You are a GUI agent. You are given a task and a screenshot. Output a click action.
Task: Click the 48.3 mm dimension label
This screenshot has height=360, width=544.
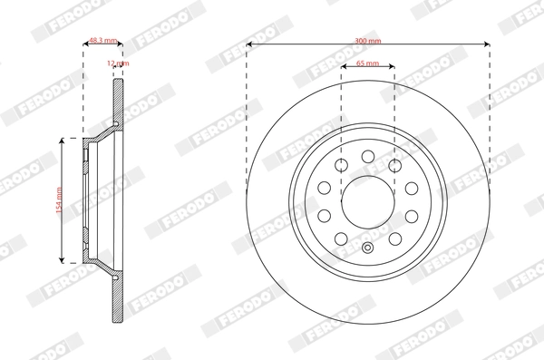tap(101, 41)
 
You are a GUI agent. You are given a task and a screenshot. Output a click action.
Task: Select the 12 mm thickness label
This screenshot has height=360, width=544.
tap(118, 63)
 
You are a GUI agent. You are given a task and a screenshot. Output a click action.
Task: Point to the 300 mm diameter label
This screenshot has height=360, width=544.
tap(368, 41)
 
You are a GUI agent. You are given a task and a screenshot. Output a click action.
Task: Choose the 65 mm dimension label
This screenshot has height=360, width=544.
tap(368, 64)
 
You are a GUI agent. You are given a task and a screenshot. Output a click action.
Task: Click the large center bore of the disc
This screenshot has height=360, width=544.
tap(367, 198)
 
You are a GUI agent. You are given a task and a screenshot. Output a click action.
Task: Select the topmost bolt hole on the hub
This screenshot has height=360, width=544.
tap(367, 157)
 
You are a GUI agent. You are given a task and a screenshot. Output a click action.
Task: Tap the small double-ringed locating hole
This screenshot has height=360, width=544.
tap(367, 249)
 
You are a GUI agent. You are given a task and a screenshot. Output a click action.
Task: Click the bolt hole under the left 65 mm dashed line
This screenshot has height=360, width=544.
tap(342, 165)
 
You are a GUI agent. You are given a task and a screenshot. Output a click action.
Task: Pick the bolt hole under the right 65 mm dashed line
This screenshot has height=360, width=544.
tap(394, 165)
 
